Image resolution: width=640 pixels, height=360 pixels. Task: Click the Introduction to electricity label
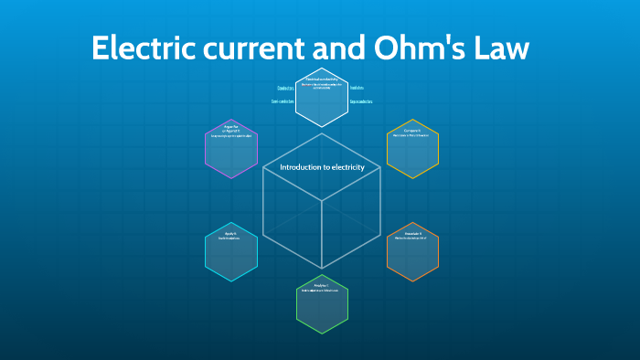(322, 167)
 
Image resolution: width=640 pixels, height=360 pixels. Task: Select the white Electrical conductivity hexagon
(321, 97)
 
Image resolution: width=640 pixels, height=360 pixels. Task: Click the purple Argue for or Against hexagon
(231, 148)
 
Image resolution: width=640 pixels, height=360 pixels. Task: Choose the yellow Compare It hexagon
(412, 148)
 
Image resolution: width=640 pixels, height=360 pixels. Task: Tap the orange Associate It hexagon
(412, 251)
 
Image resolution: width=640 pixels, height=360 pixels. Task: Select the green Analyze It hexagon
(322, 303)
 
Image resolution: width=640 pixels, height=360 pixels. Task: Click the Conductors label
(285, 88)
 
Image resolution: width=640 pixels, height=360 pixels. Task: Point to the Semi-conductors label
(283, 101)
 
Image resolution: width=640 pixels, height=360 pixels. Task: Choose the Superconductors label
(361, 101)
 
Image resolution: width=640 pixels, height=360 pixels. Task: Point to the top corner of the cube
(322, 133)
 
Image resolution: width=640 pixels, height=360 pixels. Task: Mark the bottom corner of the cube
(322, 269)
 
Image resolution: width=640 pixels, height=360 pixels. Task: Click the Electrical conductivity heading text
(321, 79)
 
